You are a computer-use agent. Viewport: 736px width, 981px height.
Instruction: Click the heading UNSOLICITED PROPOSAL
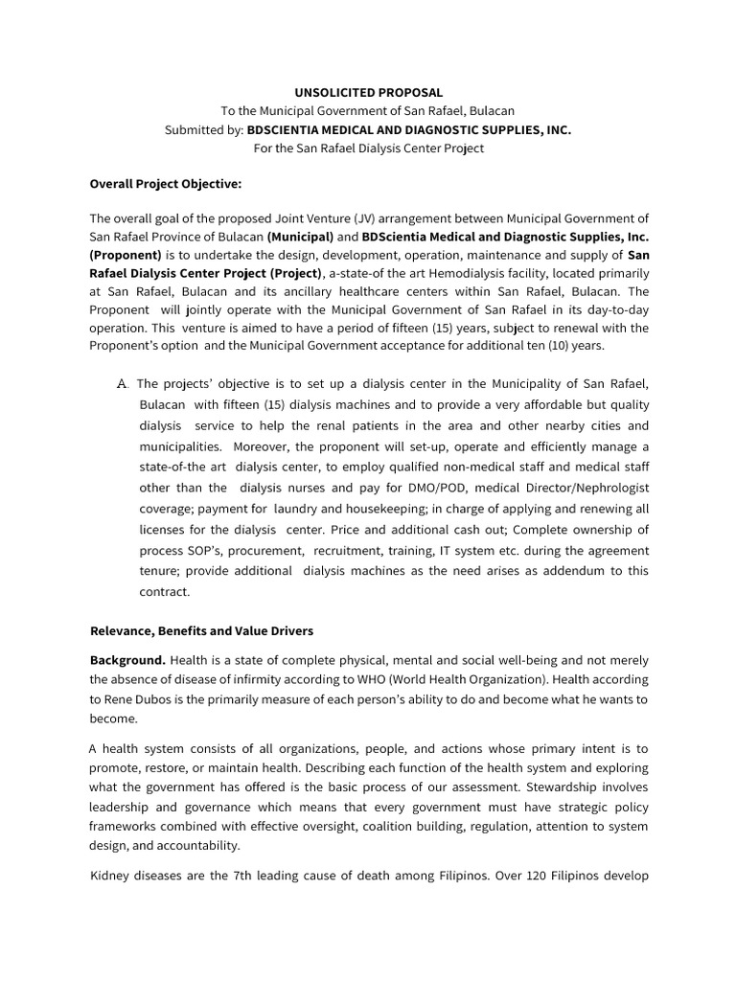click(368, 93)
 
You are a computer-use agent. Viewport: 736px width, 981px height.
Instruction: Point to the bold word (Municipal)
click(300, 237)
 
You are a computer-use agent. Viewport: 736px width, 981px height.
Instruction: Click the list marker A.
click(122, 384)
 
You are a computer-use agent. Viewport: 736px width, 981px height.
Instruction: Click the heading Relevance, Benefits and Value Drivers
click(201, 631)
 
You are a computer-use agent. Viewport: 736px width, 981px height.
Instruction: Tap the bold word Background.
click(127, 661)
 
